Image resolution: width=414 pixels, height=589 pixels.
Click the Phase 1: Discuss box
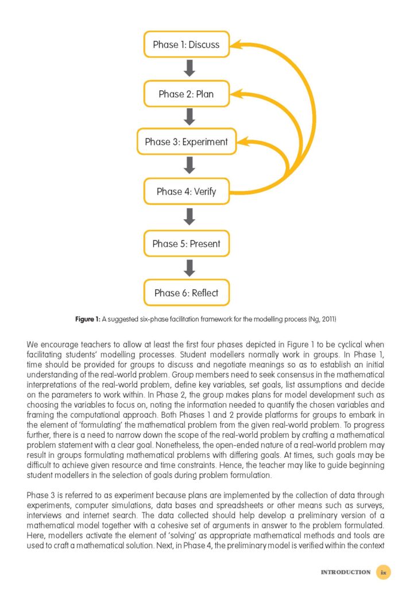[x=186, y=44]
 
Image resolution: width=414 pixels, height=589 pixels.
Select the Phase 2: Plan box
[x=186, y=94]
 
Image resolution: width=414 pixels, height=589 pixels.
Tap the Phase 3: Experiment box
[x=186, y=141]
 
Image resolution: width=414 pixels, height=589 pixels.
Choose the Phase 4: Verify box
[x=186, y=192]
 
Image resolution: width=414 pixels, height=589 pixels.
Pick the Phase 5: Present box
[x=186, y=243]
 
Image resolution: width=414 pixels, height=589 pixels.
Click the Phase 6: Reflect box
[x=186, y=293]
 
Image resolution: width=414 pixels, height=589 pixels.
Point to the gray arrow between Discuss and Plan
[x=189, y=69]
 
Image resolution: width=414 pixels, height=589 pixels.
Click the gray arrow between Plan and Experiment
[x=189, y=118]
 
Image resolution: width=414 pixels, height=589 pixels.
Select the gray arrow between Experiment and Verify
[x=189, y=166]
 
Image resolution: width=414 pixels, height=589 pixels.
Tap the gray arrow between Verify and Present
[x=189, y=217]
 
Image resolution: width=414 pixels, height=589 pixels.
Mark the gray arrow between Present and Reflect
[x=189, y=268]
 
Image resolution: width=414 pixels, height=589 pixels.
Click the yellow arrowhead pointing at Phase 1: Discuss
[x=240, y=44]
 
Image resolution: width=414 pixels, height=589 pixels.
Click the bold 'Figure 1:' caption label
[x=89, y=319]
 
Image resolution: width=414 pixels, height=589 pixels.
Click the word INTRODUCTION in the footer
[x=345, y=572]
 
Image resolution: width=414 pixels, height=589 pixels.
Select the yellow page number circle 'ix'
[x=384, y=572]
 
